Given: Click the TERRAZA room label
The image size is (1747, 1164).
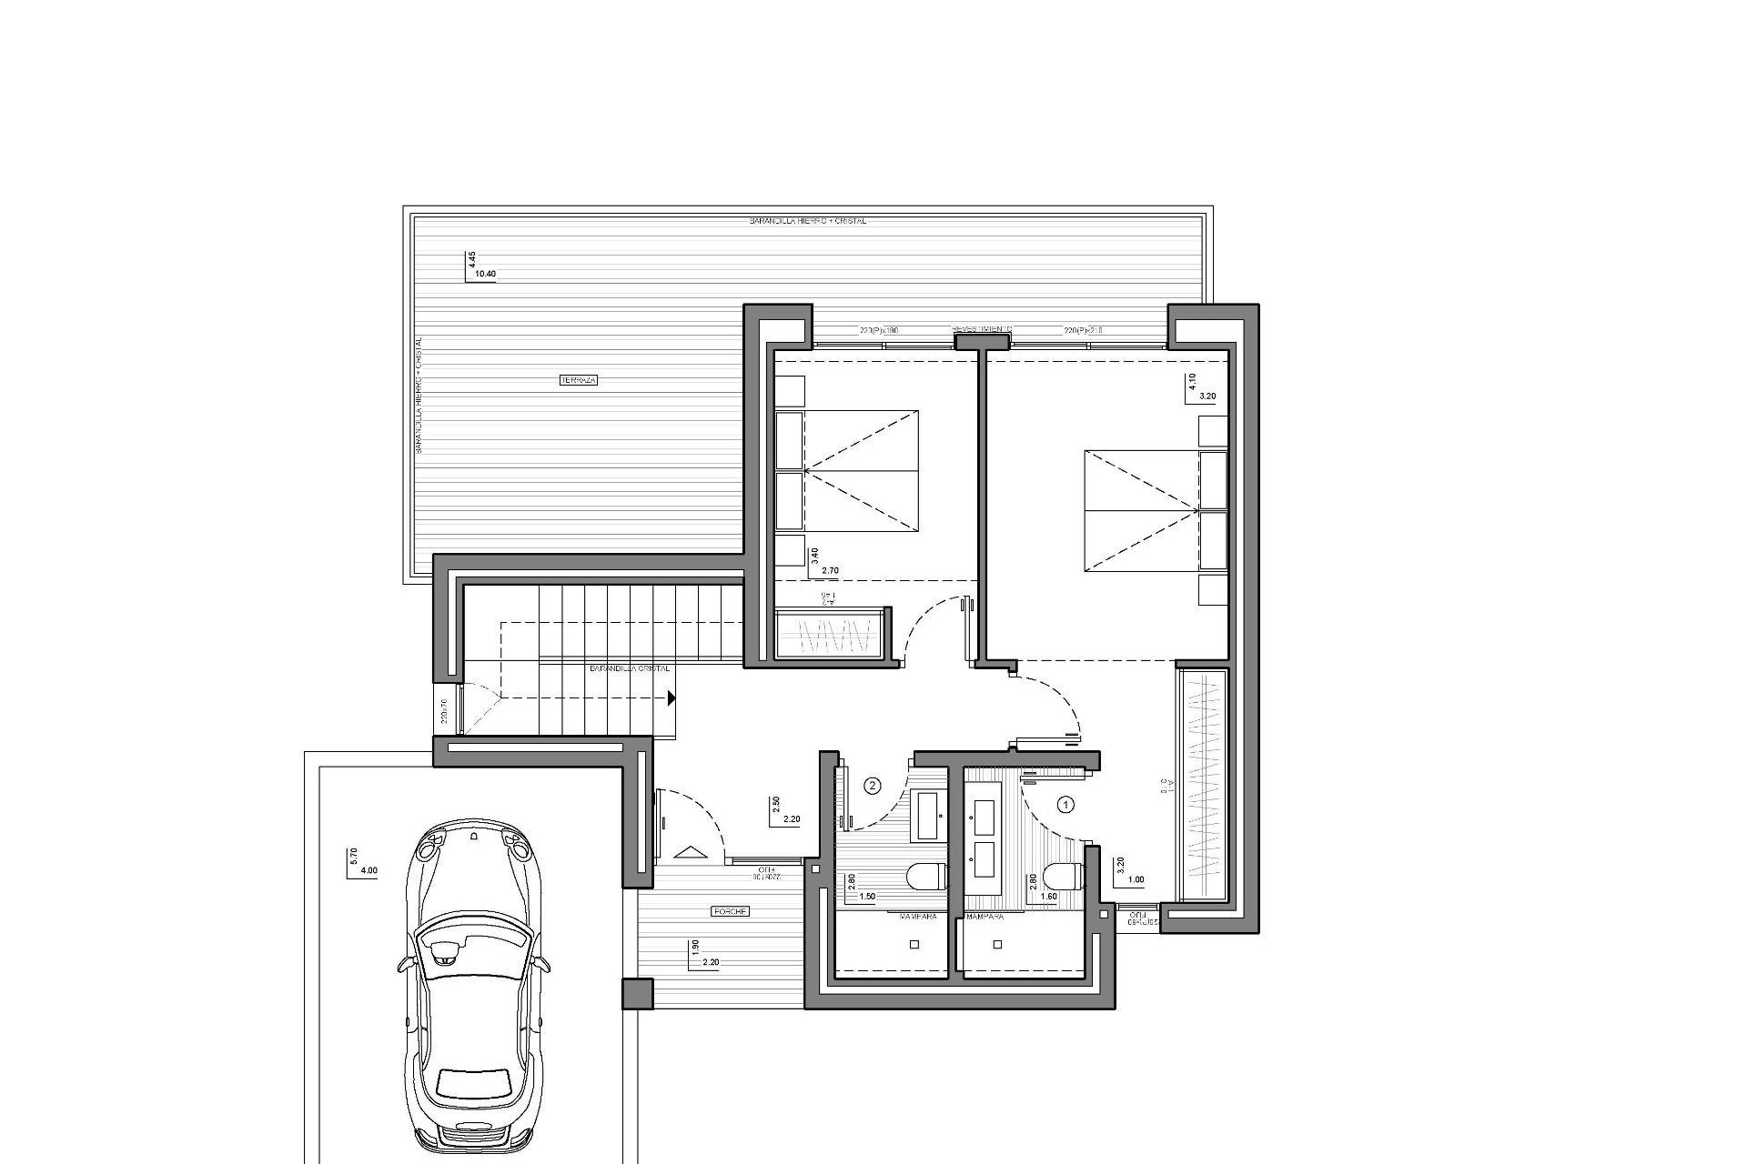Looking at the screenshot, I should pyautogui.click(x=579, y=380).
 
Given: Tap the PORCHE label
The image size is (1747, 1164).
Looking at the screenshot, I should pyautogui.click(x=731, y=910).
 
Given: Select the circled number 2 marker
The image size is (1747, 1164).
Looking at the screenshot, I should pyautogui.click(x=873, y=785).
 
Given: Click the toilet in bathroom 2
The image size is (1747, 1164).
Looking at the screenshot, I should pyautogui.click(x=928, y=877).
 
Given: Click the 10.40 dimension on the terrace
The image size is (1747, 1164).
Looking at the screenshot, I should pyautogui.click(x=487, y=273).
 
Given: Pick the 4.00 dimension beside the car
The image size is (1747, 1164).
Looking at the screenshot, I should pyautogui.click(x=369, y=870).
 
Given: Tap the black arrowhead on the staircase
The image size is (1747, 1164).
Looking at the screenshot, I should pyautogui.click(x=671, y=698).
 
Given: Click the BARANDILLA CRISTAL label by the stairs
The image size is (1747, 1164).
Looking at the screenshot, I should pyautogui.click(x=630, y=668).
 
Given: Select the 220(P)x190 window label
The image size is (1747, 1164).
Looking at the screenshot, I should pyautogui.click(x=879, y=331).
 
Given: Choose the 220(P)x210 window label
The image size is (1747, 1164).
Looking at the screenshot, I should pyautogui.click(x=1083, y=331).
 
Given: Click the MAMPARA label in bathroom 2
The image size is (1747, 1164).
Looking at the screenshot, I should pyautogui.click(x=918, y=918).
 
